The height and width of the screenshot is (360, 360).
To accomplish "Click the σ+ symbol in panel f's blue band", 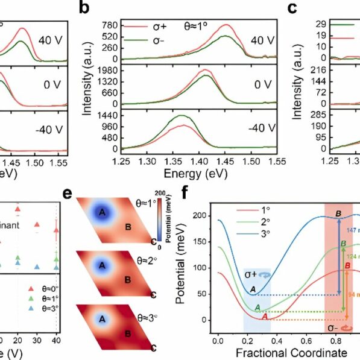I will pyautogui.click(x=253, y=274).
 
